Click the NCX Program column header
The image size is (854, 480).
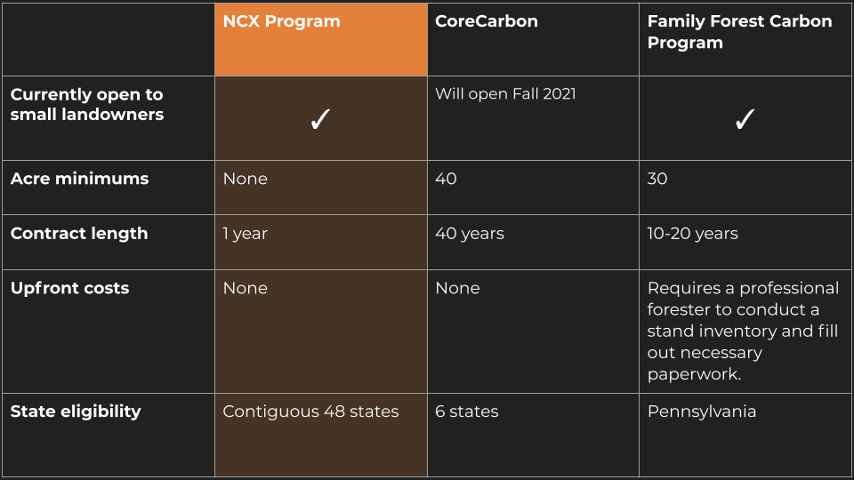point(282,21)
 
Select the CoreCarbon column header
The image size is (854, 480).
point(487,21)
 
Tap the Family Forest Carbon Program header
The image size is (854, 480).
point(739,32)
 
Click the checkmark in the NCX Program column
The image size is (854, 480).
point(320,119)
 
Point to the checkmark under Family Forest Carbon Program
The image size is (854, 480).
point(745,119)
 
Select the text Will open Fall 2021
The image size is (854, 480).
point(505,93)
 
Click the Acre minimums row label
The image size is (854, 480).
point(79,179)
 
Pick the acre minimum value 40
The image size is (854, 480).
point(446,179)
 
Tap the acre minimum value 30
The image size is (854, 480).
point(657,179)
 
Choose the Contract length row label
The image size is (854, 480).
point(79,234)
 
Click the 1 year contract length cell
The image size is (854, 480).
point(246,234)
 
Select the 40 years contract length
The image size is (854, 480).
point(470,234)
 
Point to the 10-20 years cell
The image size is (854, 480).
point(692,234)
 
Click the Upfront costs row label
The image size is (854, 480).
point(69,288)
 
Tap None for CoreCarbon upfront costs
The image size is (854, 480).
point(457,288)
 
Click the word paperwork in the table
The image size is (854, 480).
point(695,374)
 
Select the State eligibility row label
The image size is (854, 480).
point(76,412)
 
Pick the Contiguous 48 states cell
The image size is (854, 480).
point(311,412)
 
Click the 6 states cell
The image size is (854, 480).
point(467,412)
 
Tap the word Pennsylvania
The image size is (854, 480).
point(702,412)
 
